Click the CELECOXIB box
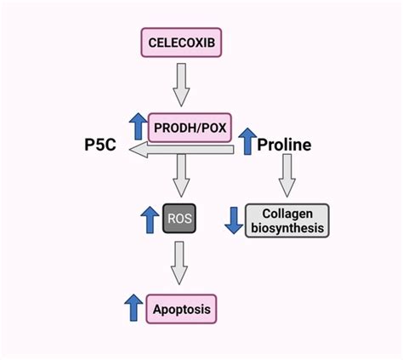click(181, 42)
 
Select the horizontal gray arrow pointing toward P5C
click(180, 151)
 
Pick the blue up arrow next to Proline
click(246, 141)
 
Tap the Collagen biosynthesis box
click(287, 220)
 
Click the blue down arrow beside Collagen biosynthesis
click(231, 220)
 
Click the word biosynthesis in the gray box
click(287, 228)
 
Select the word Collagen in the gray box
click(287, 213)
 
